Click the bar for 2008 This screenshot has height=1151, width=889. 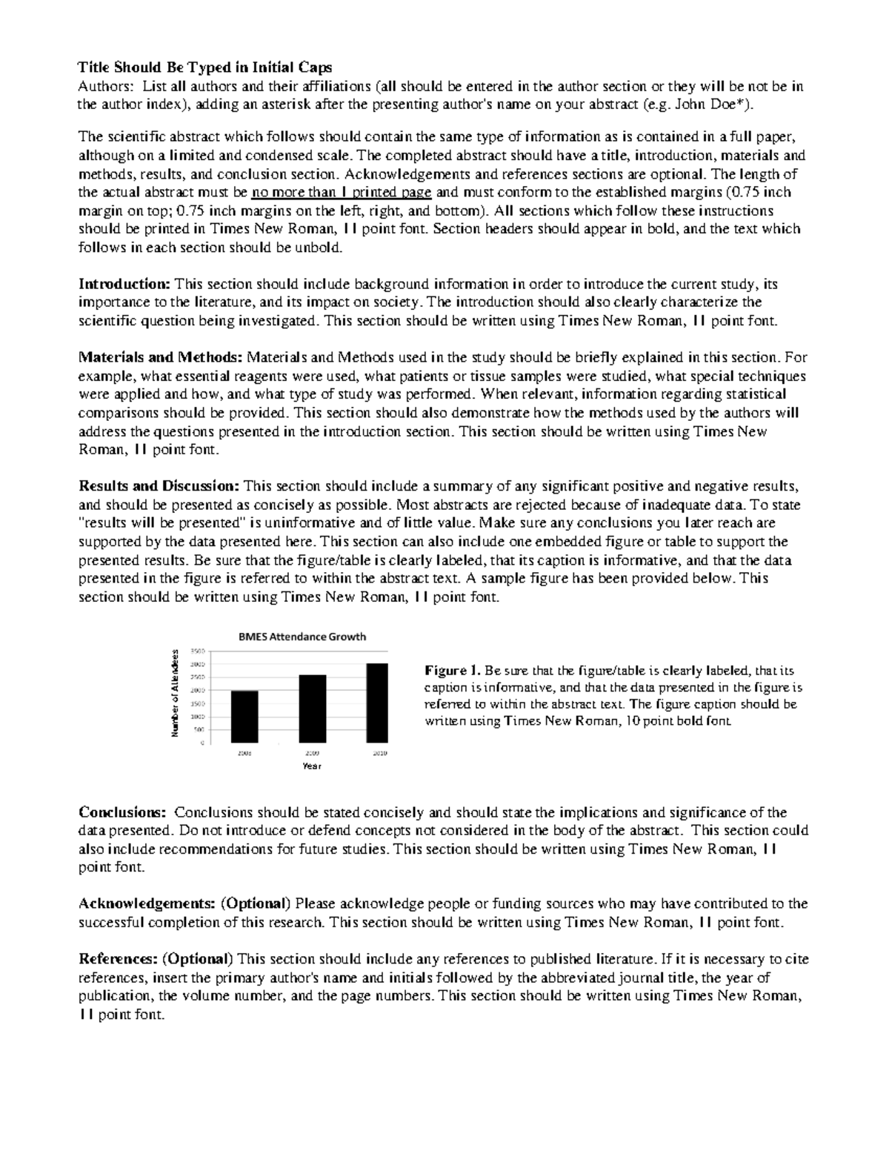(244, 716)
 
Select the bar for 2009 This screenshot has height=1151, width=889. (312, 709)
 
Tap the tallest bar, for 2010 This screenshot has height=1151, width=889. (376, 703)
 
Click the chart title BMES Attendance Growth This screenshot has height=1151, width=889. (302, 636)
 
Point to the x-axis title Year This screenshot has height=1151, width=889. (312, 766)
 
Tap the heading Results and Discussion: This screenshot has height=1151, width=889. (159, 486)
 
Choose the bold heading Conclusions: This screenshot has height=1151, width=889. (122, 812)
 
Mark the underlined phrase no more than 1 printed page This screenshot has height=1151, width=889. (341, 193)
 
